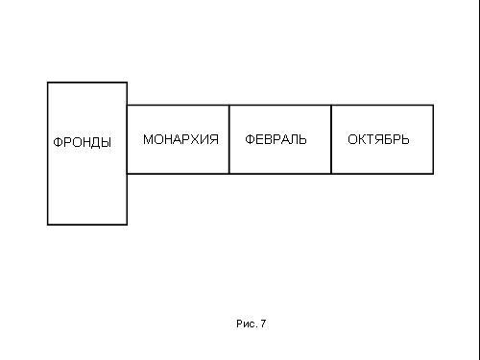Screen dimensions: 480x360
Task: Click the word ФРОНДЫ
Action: pos(83,142)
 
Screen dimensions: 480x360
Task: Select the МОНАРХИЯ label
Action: pos(180,139)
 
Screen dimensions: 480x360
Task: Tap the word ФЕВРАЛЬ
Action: pos(276,139)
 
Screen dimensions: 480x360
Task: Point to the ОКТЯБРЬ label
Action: pos(378,139)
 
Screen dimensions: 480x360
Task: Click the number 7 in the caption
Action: pos(263,324)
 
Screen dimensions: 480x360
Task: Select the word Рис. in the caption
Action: pos(247,324)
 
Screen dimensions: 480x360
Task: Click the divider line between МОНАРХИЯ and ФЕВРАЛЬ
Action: pos(229,139)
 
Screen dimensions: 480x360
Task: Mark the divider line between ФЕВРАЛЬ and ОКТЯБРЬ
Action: pos(331,139)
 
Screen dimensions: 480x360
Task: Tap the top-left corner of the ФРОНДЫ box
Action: pos(48,83)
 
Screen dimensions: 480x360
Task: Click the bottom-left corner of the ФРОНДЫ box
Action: pos(48,225)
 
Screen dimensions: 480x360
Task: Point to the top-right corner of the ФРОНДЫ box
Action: pos(127,83)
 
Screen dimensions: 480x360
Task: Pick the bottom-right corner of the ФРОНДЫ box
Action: pos(127,225)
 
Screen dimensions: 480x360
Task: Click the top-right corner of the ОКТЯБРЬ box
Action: pos(433,105)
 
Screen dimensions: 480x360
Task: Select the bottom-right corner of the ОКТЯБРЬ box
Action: pos(433,174)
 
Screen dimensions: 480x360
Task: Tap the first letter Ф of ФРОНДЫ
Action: pos(58,142)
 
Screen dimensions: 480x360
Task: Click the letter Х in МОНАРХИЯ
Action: pos(196,139)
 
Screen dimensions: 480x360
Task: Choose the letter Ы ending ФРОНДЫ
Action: pos(107,142)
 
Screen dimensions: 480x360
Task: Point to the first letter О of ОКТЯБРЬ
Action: pos(352,139)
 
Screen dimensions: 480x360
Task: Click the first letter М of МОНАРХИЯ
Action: pos(148,139)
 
